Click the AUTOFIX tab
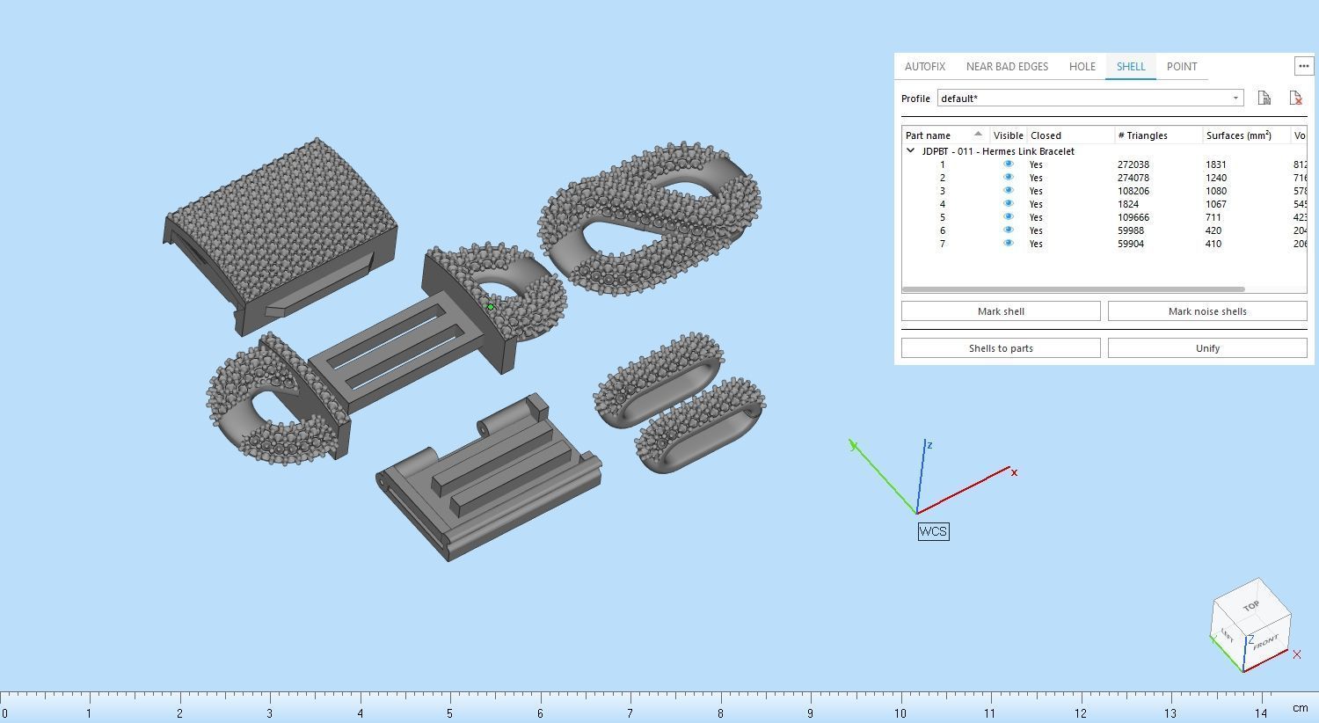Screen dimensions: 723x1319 click(x=924, y=67)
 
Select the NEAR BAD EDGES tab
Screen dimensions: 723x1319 click(x=1007, y=67)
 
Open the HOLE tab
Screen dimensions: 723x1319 click(x=1082, y=67)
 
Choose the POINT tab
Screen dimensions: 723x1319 click(x=1181, y=67)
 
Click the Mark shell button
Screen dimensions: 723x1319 click(x=1001, y=311)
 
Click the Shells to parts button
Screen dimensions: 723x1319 click(x=1001, y=348)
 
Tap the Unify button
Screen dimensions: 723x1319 click(x=1206, y=348)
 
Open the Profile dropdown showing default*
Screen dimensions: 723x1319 click(x=1090, y=99)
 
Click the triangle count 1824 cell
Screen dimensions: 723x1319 click(x=1131, y=204)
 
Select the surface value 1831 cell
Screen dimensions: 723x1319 click(x=1216, y=164)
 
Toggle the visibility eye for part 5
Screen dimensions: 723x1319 click(x=1009, y=217)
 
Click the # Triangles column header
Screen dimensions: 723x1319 click(x=1143, y=135)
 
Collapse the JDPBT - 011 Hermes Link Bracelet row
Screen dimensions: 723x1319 click(x=911, y=151)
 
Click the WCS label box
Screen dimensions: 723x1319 click(x=933, y=531)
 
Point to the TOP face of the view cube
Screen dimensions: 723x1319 click(x=1251, y=605)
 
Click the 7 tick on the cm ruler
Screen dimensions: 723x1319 click(x=630, y=712)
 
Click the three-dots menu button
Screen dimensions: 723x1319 click(x=1303, y=66)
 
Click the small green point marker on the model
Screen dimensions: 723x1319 click(x=490, y=307)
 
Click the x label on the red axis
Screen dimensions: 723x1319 click(x=1014, y=473)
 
